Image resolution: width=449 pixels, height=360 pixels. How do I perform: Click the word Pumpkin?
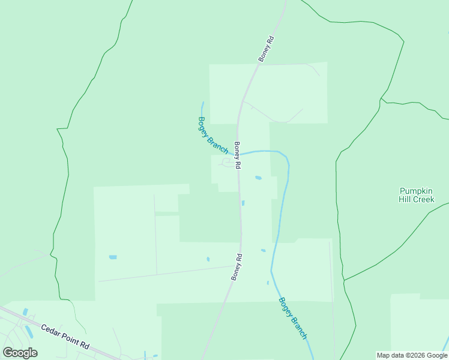pyautogui.click(x=416, y=191)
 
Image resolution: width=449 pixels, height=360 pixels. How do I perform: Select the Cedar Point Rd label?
pyautogui.click(x=65, y=337)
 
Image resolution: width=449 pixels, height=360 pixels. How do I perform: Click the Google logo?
pyautogui.click(x=20, y=353)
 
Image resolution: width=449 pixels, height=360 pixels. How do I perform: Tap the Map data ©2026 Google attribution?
pyautogui.click(x=412, y=355)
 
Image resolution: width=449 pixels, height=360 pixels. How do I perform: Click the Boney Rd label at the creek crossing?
pyautogui.click(x=238, y=155)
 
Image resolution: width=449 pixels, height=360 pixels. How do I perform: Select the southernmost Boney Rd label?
pyautogui.click(x=237, y=268)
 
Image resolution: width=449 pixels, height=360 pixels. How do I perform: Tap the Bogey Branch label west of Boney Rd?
pyautogui.click(x=212, y=135)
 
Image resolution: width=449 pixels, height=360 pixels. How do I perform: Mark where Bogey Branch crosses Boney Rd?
pyautogui.click(x=239, y=154)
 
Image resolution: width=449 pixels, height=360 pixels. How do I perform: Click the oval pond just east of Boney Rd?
pyautogui.click(x=258, y=178)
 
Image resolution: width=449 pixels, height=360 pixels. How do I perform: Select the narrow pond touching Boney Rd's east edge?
pyautogui.click(x=243, y=203)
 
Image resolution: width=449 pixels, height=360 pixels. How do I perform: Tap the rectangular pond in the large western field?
pyautogui.click(x=113, y=257)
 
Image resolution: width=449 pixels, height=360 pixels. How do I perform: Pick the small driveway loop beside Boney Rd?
pyautogui.click(x=228, y=162)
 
